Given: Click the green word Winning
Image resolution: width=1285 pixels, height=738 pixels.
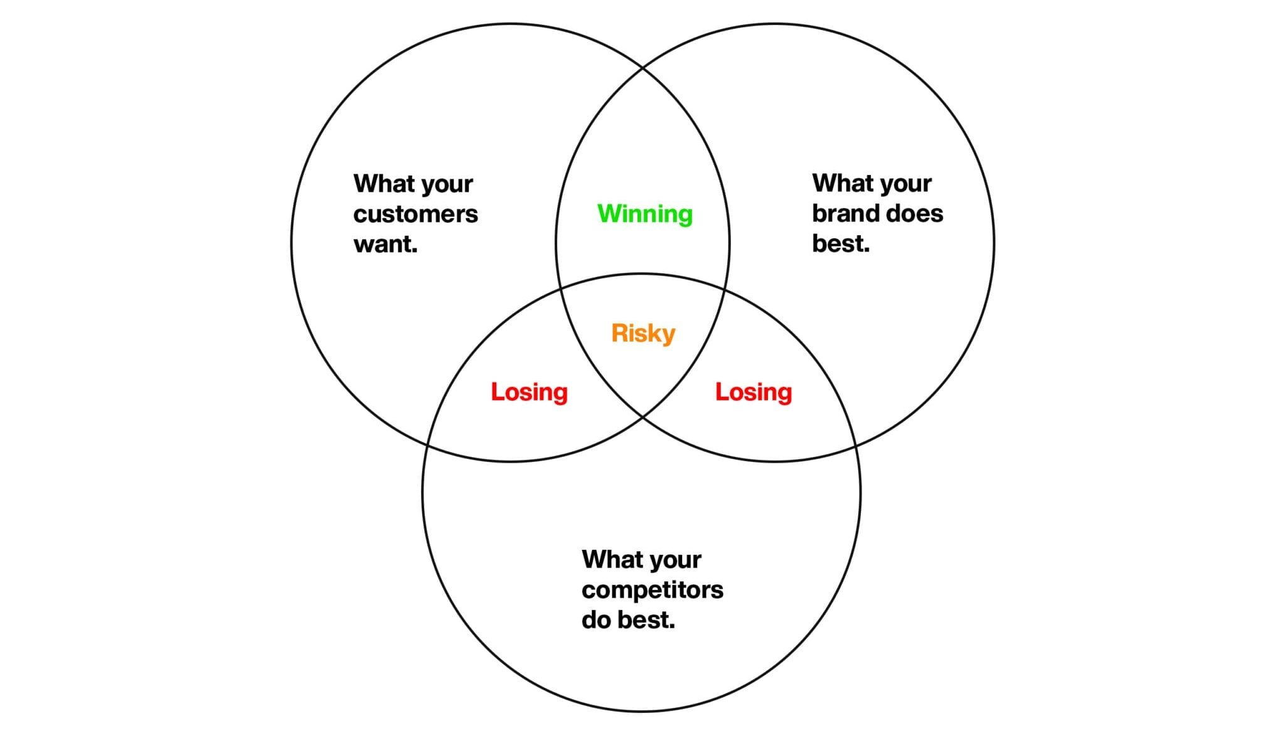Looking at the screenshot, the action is click(x=645, y=214).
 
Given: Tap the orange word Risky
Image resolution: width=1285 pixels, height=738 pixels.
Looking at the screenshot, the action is click(x=643, y=334).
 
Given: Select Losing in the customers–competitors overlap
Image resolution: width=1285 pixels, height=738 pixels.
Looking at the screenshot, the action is click(x=529, y=393).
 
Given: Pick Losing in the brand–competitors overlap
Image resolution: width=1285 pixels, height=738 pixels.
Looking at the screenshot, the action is click(x=754, y=393).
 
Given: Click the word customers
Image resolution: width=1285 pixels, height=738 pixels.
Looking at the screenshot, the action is click(x=415, y=214).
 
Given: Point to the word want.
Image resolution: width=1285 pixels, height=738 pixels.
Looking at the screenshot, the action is click(x=385, y=244).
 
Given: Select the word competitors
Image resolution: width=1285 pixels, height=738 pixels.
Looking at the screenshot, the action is click(x=653, y=590).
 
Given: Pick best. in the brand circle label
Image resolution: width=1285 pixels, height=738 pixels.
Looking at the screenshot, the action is click(x=841, y=243).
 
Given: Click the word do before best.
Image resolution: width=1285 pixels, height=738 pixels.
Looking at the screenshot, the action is click(x=596, y=619).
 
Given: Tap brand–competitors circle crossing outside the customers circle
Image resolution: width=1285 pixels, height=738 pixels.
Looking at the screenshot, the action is click(x=856, y=446).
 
